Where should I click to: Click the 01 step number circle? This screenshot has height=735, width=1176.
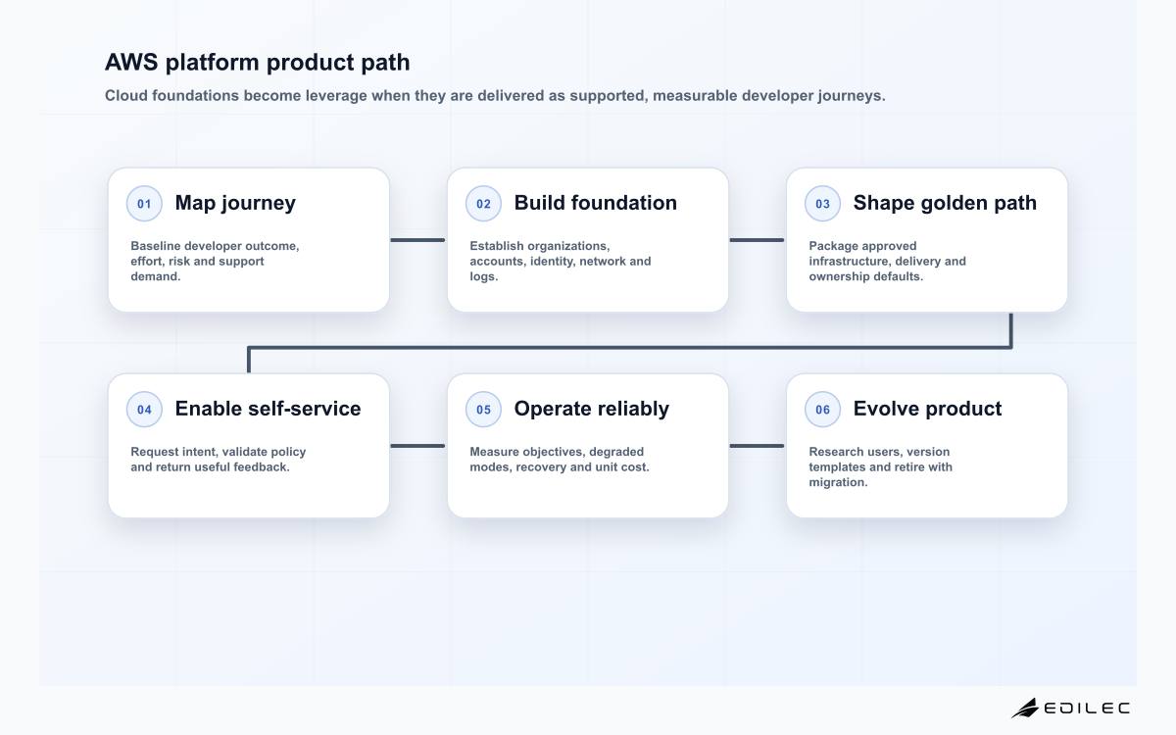tap(144, 203)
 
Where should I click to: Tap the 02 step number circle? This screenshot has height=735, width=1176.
tap(483, 203)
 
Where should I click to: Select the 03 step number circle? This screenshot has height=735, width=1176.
tap(822, 203)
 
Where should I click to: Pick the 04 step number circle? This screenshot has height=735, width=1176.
tap(144, 409)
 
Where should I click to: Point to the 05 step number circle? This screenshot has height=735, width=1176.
tap(483, 409)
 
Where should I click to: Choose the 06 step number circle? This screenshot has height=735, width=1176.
tap(822, 409)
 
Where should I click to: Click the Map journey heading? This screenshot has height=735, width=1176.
tap(235, 203)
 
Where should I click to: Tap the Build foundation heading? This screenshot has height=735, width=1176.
tap(596, 203)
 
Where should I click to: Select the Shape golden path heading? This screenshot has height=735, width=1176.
tap(945, 203)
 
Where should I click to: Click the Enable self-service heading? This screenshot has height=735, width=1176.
tap(268, 409)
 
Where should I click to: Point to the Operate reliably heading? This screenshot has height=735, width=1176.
tap(592, 409)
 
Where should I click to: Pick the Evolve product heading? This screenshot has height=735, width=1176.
tap(927, 409)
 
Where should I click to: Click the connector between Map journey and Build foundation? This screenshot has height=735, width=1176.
tap(417, 240)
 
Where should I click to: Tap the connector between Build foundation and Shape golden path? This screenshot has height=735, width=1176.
tap(757, 240)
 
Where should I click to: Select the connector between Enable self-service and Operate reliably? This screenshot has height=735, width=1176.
tap(417, 446)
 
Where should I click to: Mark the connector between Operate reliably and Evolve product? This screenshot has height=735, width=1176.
tap(757, 446)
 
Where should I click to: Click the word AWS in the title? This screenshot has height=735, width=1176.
tap(131, 62)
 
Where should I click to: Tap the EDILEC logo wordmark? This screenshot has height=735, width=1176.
tap(1087, 709)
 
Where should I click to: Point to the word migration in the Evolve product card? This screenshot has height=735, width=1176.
tap(838, 482)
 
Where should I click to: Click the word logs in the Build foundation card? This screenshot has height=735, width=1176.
tap(483, 276)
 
